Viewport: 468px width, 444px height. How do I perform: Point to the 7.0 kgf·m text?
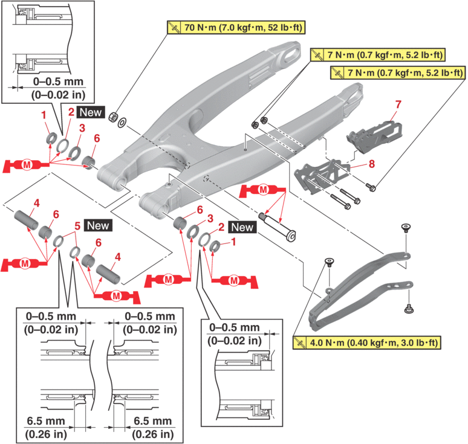click(241, 27)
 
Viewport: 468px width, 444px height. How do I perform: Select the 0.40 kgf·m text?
click(374, 343)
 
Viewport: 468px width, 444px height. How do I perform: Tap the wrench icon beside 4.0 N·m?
click(299, 343)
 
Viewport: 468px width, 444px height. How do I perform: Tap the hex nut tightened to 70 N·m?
click(112, 116)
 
